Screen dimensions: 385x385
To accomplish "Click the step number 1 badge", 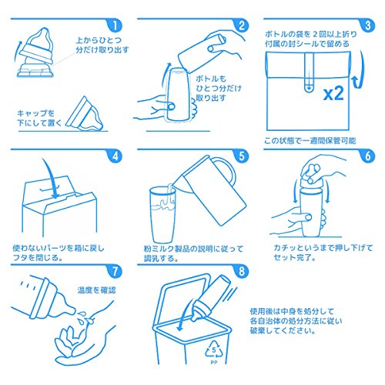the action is click(x=115, y=25).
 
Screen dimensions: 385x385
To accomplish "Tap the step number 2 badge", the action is click(x=241, y=25).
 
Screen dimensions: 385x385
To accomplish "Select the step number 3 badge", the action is click(x=368, y=25).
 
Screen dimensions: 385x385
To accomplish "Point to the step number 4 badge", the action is click(x=115, y=156).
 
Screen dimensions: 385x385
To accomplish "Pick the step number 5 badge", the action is click(x=241, y=156).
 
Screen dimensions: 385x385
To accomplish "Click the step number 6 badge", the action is click(x=368, y=156).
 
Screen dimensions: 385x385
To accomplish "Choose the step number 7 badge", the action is click(x=115, y=271).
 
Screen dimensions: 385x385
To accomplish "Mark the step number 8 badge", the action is click(x=241, y=271).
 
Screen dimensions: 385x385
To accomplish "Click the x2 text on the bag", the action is click(x=333, y=93).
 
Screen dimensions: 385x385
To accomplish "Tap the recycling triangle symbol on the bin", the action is click(x=214, y=350).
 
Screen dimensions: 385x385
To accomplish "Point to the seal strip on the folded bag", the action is click(x=310, y=72).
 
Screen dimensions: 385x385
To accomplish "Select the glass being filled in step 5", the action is click(x=162, y=215).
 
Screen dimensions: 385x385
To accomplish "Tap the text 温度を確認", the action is click(x=96, y=290).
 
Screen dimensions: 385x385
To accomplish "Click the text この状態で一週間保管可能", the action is click(x=310, y=141).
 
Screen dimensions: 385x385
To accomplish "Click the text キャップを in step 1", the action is click(x=36, y=113).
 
